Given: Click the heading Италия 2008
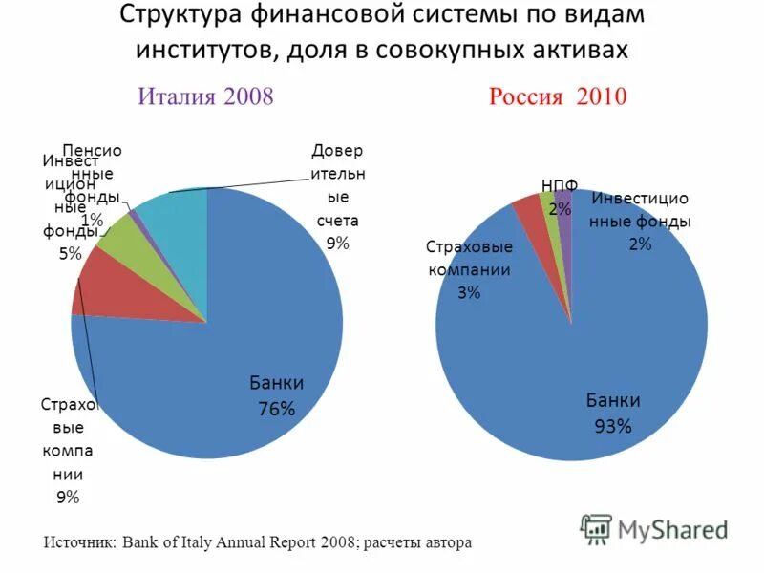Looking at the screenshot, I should [206, 96].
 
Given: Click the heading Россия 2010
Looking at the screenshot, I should [558, 96].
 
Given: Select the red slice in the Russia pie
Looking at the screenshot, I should [528, 212].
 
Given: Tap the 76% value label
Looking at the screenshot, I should [277, 409].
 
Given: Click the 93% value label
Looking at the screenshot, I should [613, 426].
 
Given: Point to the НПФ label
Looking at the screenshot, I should [560, 185].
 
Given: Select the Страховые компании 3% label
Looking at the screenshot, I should [469, 269].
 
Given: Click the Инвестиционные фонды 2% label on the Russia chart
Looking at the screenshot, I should [639, 221].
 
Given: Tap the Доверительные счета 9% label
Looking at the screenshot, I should [337, 197].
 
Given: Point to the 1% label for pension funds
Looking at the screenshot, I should [93, 220].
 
